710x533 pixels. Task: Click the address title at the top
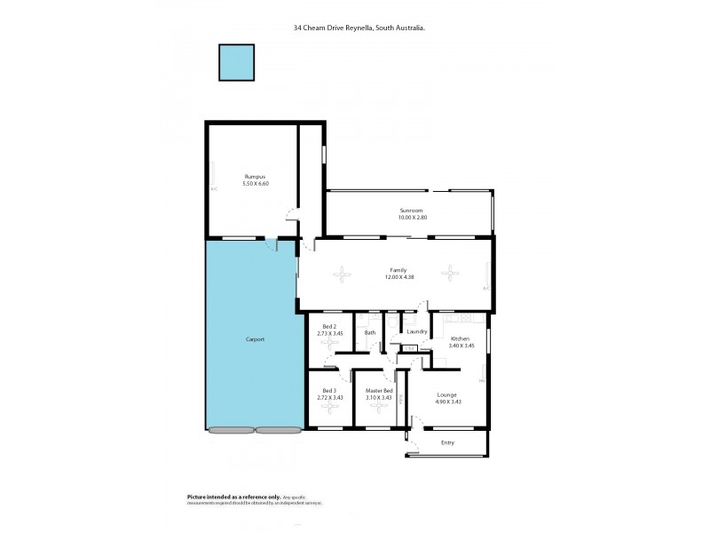point(359,28)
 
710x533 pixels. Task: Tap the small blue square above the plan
point(237,62)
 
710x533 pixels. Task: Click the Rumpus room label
point(255,177)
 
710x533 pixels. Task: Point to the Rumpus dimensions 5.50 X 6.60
point(255,183)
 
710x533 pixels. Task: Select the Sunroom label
point(411,211)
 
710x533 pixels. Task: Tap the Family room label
point(398,270)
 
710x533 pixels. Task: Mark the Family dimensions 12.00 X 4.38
point(398,277)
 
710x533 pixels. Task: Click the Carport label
point(255,339)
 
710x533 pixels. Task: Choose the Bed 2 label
point(329,327)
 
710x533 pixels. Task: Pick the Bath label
point(370,332)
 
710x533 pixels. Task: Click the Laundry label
point(417,332)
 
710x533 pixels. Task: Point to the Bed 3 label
point(328,391)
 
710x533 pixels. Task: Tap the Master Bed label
point(379,391)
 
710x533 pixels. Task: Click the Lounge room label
point(447,394)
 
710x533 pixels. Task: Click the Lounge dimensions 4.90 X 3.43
point(447,402)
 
